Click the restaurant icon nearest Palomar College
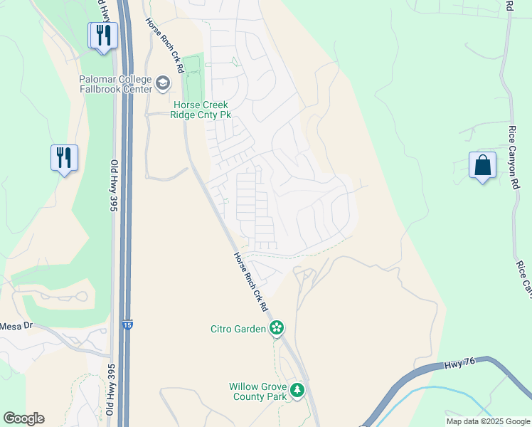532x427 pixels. (x=103, y=35)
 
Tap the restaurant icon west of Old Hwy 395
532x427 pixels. (x=64, y=158)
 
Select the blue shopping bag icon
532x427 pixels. (x=482, y=165)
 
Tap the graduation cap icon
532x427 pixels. (x=163, y=85)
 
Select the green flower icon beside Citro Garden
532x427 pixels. (x=277, y=328)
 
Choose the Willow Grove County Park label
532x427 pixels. (x=257, y=391)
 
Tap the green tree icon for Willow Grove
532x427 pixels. (x=297, y=390)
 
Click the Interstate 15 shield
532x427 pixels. (x=127, y=324)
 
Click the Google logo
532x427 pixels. (x=23, y=418)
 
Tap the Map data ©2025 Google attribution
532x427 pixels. (x=488, y=421)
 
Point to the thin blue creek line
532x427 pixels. (x=455, y=396)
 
